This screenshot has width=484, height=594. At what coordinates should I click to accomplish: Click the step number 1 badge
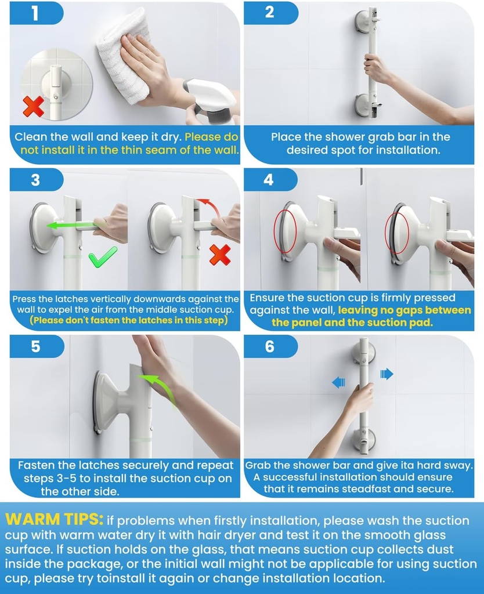35,13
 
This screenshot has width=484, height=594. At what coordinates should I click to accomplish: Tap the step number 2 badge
269,13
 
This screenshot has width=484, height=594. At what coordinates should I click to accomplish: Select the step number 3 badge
35,180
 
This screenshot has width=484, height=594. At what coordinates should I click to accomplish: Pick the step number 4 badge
269,180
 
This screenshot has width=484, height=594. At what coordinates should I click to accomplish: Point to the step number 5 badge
35,346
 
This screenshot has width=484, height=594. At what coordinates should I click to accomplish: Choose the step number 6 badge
269,346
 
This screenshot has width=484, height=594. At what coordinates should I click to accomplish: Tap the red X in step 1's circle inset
33,106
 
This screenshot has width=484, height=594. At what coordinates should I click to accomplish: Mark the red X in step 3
219,255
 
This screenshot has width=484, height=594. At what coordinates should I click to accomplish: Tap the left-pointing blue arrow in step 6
338,382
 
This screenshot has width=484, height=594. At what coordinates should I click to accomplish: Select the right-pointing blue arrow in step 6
387,374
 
